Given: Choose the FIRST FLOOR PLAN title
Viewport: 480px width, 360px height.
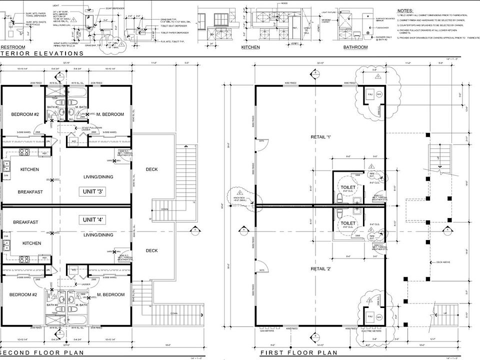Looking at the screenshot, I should pyautogui.click(x=298, y=352).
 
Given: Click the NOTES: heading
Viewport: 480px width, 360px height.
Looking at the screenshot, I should pyautogui.click(x=405, y=10).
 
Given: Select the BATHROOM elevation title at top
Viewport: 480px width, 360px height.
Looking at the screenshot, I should pyautogui.click(x=355, y=47).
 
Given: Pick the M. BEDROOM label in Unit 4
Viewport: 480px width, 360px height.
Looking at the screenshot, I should pyautogui.click(x=110, y=294).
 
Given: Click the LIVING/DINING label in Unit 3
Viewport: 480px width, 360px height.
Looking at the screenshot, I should pyautogui.click(x=98, y=176).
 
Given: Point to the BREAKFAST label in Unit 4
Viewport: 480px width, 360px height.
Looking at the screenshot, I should pyautogui.click(x=26, y=222).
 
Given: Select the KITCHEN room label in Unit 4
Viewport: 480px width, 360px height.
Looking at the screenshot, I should pyautogui.click(x=31, y=243).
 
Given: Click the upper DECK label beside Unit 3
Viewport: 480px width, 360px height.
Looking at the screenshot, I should pyautogui.click(x=151, y=169).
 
